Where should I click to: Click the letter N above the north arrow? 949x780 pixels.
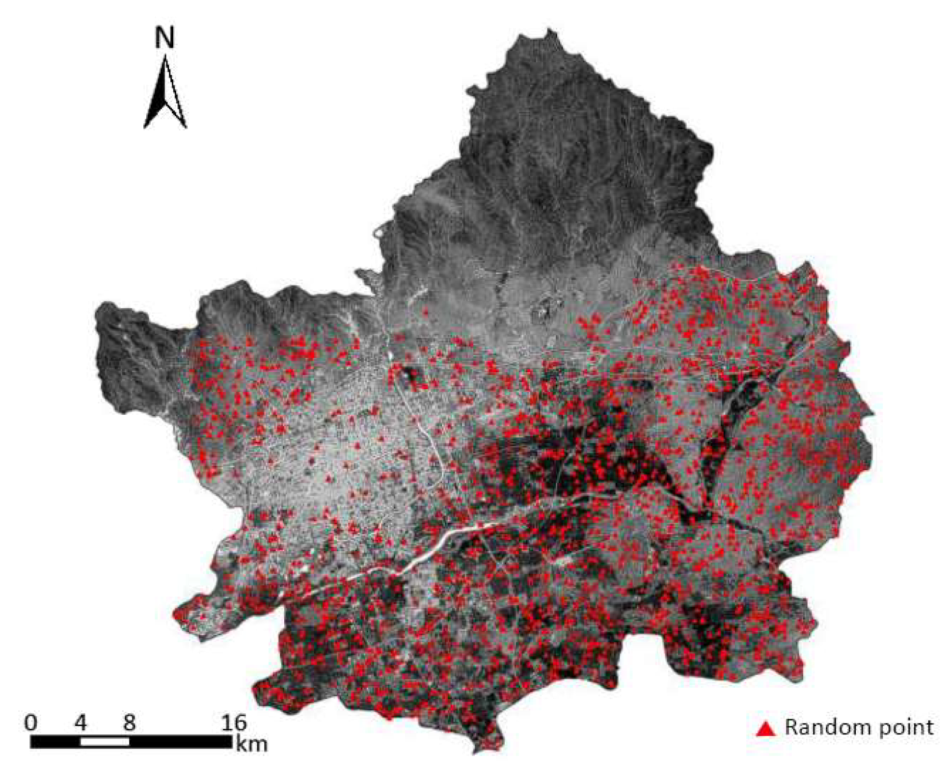tap(164, 38)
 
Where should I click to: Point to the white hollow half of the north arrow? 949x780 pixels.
tap(174, 98)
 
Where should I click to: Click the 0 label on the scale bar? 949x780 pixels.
tap(31, 723)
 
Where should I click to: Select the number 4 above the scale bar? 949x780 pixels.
tap(81, 723)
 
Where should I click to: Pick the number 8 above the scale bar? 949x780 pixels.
tap(129, 723)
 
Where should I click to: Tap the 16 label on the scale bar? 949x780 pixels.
tap(233, 723)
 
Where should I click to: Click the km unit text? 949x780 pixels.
tap(252, 744)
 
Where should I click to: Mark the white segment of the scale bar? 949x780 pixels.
tap(105, 742)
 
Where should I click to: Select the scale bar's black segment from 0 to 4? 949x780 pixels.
tap(55, 742)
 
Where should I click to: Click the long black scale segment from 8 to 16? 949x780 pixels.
tap(181, 742)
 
